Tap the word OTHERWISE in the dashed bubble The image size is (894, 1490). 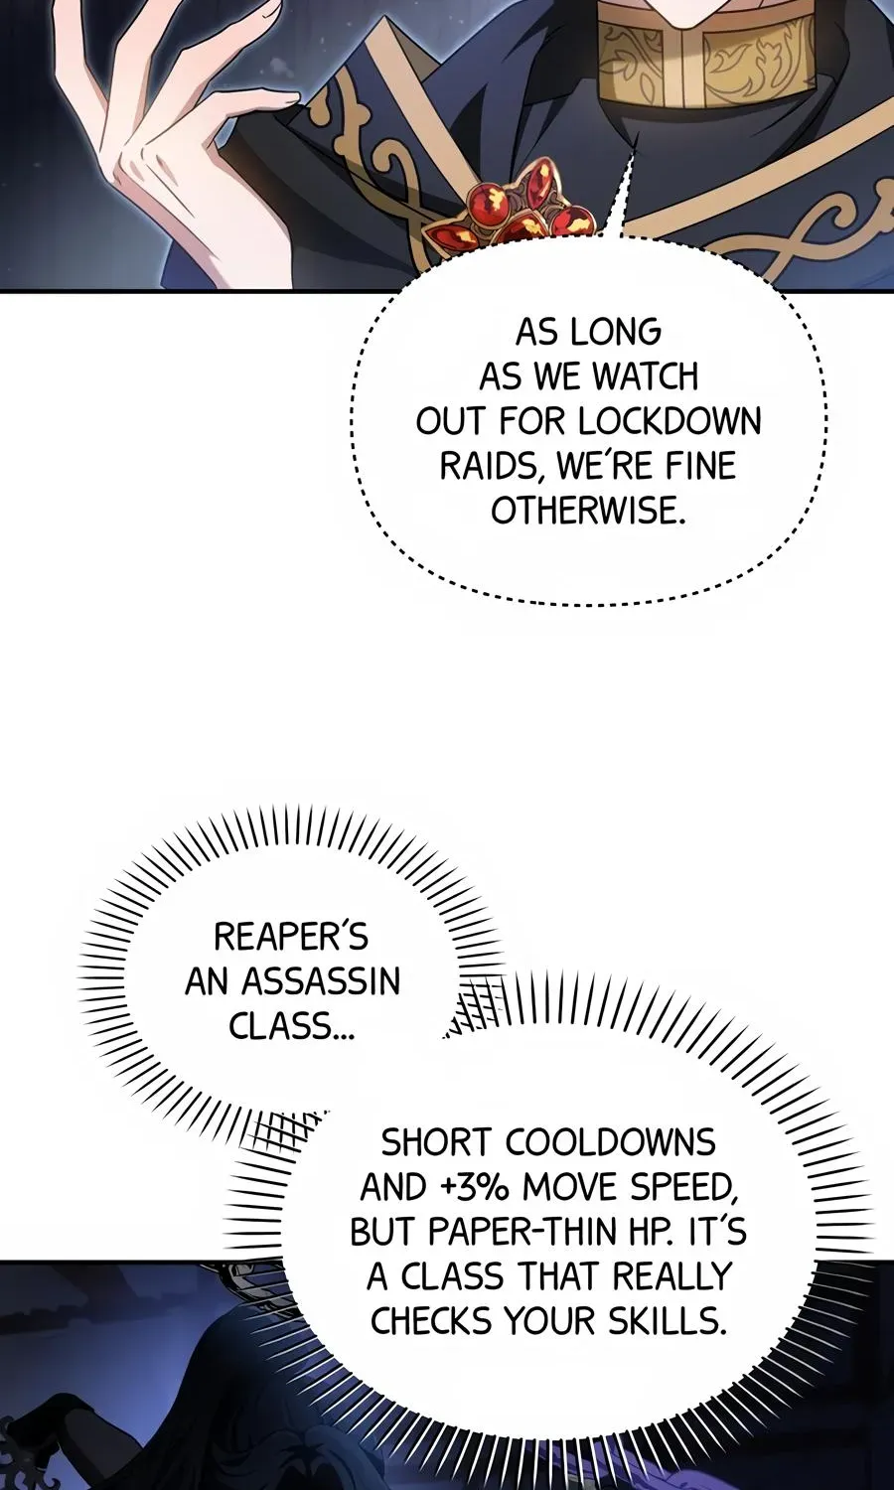coord(588,511)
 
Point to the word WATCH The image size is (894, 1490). coord(644,376)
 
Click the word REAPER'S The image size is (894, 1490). coord(291,937)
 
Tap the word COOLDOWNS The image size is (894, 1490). coord(610,1142)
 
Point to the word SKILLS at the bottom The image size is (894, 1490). coord(666,1321)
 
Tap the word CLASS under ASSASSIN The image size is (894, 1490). coord(291,1026)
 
